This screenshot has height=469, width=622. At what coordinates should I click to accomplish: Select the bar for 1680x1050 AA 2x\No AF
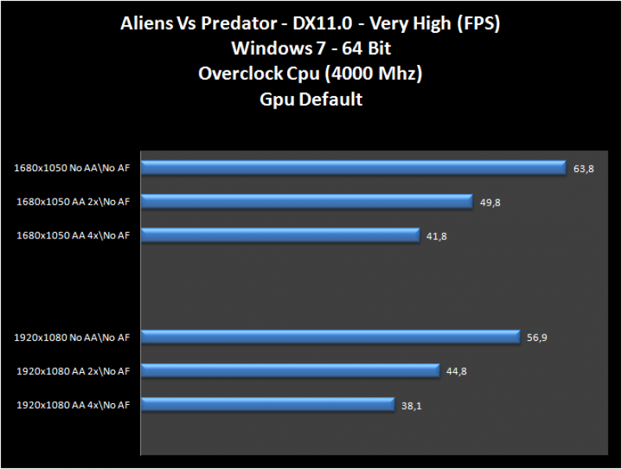pyautogui.click(x=306, y=201)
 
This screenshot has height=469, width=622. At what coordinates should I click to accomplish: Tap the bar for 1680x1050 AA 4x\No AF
pyautogui.click(x=280, y=234)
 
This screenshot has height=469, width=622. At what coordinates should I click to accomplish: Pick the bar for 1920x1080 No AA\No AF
pyautogui.click(x=329, y=337)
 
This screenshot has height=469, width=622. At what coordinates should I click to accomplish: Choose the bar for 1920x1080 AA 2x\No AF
pyautogui.click(x=289, y=371)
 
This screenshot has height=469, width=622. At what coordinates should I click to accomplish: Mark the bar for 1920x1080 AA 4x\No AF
pyautogui.click(x=267, y=404)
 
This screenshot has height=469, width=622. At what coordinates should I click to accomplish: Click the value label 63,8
pyautogui.click(x=584, y=169)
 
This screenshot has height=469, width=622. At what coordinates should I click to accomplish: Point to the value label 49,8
pyautogui.click(x=491, y=202)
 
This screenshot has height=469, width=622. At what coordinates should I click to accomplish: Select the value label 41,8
pyautogui.click(x=437, y=236)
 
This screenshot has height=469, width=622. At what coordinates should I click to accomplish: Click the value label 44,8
pyautogui.click(x=457, y=372)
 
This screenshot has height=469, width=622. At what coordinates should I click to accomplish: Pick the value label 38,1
pyautogui.click(x=411, y=406)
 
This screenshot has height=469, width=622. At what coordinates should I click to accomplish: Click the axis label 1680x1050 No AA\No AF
pyautogui.click(x=72, y=167)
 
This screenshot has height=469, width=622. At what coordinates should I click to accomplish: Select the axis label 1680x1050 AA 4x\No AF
pyautogui.click(x=74, y=234)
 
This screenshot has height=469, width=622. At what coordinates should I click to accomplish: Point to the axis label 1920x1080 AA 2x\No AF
pyautogui.click(x=74, y=371)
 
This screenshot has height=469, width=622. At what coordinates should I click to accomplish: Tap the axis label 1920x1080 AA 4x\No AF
pyautogui.click(x=74, y=405)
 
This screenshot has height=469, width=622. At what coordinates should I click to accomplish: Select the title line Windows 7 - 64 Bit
pyautogui.click(x=311, y=48)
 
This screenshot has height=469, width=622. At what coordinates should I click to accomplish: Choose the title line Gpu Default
pyautogui.click(x=311, y=99)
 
